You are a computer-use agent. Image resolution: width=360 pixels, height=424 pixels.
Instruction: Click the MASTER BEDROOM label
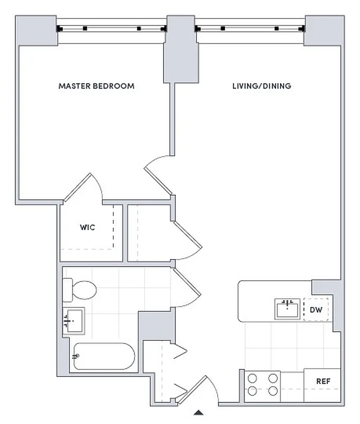coord(96,86)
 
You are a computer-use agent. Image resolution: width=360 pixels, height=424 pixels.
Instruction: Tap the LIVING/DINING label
coord(262,86)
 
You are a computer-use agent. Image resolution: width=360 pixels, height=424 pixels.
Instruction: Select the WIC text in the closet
coord(87,227)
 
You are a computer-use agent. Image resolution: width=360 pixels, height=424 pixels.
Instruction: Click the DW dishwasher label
coord(316,310)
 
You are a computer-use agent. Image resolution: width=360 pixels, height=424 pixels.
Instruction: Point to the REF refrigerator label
coord(323,381)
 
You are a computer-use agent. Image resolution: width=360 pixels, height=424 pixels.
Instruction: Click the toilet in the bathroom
coord(80,290)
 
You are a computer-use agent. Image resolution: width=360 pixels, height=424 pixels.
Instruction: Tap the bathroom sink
coord(73,321)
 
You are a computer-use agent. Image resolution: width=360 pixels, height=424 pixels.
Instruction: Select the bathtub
coord(104,356)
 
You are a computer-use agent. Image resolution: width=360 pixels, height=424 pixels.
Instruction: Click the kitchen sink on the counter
coord(288,309)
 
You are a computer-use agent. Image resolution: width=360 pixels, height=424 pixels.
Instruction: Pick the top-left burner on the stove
coord(253,378)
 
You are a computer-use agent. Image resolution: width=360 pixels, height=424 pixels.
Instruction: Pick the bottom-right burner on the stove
coord(273,391)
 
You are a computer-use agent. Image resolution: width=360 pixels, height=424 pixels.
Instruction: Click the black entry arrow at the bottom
coord(199,412)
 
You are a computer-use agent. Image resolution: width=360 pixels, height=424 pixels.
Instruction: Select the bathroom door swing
coord(186,289)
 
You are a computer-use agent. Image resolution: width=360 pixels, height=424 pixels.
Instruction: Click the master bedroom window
coord(112,28)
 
